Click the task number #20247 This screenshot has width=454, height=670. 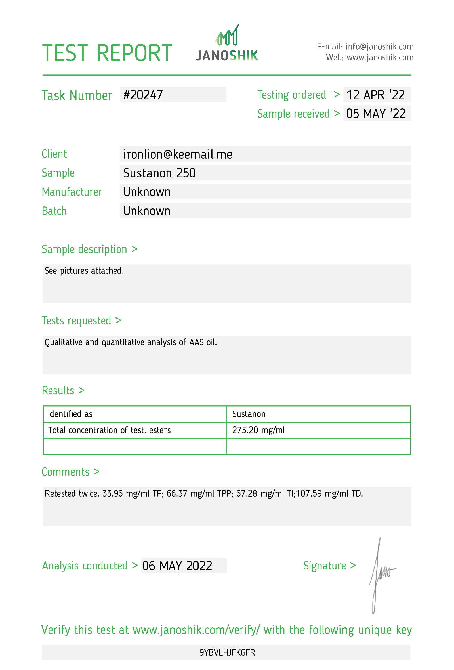[x=143, y=95]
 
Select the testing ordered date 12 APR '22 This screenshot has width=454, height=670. [x=376, y=95]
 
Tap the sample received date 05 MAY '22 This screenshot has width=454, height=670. [x=376, y=114]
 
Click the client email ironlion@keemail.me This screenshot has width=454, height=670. [x=178, y=154]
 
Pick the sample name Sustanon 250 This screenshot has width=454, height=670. [x=159, y=173]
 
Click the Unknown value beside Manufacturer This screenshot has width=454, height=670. [x=147, y=192]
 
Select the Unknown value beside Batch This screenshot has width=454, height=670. [x=147, y=211]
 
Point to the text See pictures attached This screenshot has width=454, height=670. [x=84, y=271]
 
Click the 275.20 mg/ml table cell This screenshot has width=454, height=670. [x=258, y=430]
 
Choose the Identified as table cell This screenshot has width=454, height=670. [x=70, y=414]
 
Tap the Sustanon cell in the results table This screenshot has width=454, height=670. [x=249, y=414]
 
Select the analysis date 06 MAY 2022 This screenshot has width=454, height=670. [x=177, y=566]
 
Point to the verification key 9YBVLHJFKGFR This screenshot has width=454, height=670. [x=227, y=652]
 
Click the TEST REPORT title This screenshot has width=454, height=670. [x=107, y=53]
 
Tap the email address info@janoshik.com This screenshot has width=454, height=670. [x=379, y=46]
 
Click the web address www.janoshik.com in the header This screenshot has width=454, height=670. [x=380, y=58]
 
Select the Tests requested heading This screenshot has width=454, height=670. [x=77, y=321]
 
